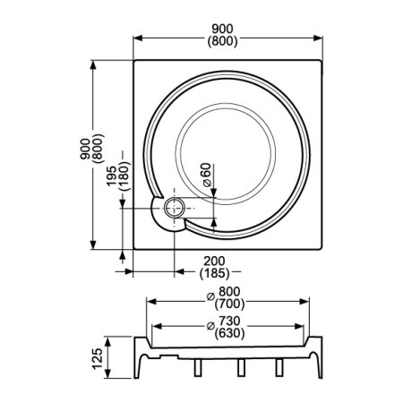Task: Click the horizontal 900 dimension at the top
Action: pos(222,29)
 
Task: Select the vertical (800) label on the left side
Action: pos(99,149)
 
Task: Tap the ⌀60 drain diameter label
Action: pos(207,175)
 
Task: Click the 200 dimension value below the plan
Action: pos(214,262)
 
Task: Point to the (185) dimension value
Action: pos(214,273)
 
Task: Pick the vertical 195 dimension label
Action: pos(112,176)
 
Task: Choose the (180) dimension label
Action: pos(124,176)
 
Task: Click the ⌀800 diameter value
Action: pos(224,292)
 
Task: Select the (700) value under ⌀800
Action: pos(229,304)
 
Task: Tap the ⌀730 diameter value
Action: pos(224,322)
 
